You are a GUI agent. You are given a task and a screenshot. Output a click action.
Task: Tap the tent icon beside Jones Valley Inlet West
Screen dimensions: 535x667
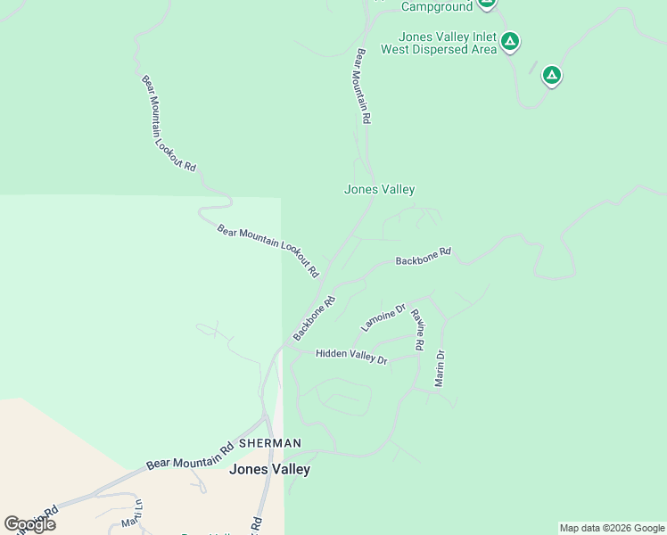pos(509,41)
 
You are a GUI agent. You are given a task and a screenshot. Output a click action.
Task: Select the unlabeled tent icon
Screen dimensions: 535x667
pos(552,76)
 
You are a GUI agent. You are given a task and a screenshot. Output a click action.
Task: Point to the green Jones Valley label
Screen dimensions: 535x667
pos(380,189)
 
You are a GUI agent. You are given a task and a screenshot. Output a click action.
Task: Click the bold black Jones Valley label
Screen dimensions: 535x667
pos(270,469)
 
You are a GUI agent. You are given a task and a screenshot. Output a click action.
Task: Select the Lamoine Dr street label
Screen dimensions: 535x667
pos(383,317)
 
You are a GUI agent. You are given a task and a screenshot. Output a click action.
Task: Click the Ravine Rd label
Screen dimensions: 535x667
pos(417,329)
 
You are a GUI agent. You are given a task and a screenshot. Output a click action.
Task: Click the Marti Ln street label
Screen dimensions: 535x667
pos(133,513)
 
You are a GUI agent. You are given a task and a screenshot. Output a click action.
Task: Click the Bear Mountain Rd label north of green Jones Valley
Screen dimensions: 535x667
pos(363,86)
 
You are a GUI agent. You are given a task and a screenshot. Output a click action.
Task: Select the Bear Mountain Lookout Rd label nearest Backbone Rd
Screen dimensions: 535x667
pos(268,251)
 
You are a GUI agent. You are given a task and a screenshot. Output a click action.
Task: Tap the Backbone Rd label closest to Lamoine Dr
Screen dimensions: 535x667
pos(313,317)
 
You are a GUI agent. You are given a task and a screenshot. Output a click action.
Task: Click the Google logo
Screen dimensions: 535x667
pos(29,524)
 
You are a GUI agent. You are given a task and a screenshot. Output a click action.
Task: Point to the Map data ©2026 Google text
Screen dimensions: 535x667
pos(612,528)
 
